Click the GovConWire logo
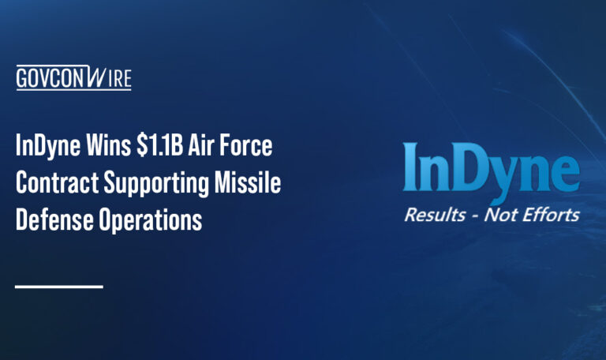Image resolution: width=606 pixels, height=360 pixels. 73,78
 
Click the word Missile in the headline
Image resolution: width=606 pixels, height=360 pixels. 250,184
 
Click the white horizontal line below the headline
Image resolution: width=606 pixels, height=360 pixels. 59,286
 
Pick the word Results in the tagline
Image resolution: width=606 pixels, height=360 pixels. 435,214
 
